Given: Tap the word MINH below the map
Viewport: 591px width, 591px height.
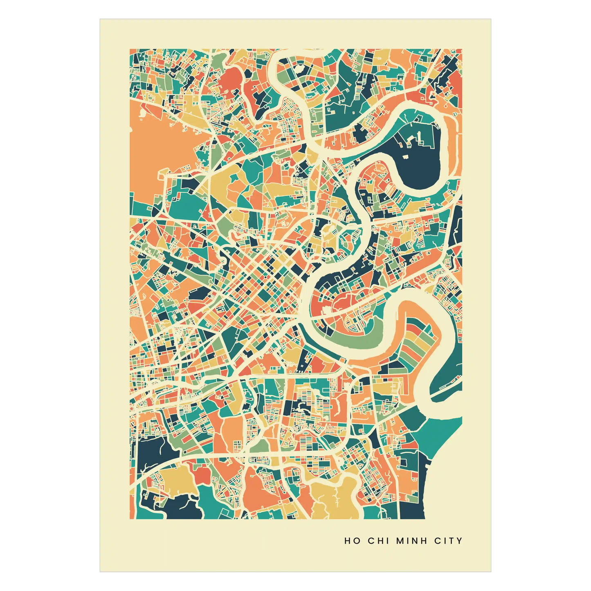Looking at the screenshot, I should coord(412,541).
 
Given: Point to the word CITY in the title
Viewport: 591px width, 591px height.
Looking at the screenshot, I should coord(448,541).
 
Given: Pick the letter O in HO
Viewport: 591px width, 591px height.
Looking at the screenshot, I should coord(357,541).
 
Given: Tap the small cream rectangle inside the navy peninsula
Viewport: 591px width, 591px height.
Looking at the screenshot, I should coord(405,156).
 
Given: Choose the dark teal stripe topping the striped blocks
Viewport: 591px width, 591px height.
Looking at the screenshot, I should coord(413,325).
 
